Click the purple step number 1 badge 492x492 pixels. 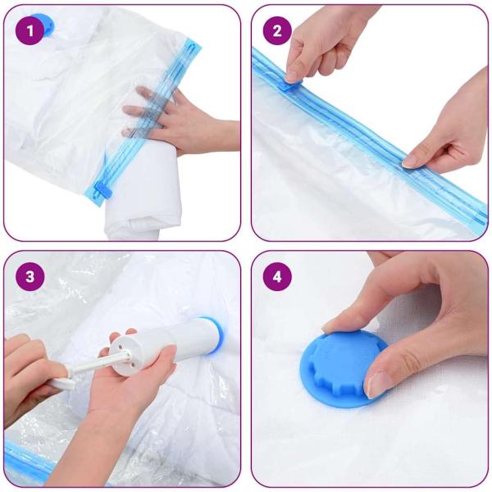31,30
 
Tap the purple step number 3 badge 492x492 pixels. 31,276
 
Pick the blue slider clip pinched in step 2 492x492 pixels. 289,80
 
